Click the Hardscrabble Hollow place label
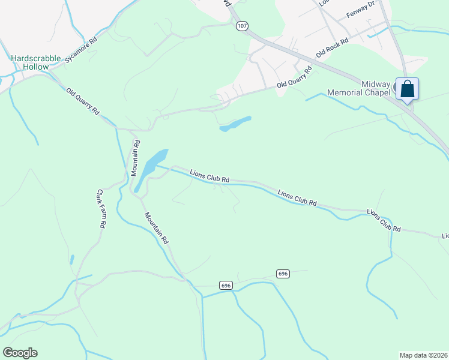pos(36,62)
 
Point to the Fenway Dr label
pos(360,11)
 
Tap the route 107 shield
pos(241,26)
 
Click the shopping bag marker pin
pos(408,89)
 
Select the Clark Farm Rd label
pos(101,208)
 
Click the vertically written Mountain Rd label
pos(137,158)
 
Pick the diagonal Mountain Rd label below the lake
pos(155,227)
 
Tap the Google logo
pos(20,353)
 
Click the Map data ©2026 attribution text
pos(423,355)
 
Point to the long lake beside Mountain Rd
pos(151,167)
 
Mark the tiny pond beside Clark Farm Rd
pos(72,260)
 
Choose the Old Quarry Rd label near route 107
pos(295,77)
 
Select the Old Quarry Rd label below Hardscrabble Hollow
pos(83,101)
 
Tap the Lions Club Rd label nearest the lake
pos(209,176)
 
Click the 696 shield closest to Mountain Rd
pos(226,285)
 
